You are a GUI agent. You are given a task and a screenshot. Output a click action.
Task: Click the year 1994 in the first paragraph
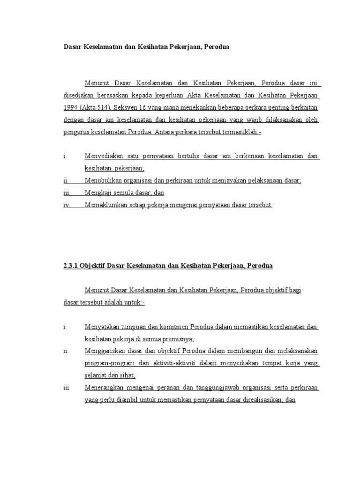(71, 108)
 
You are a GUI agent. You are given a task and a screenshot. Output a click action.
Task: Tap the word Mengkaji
(98, 193)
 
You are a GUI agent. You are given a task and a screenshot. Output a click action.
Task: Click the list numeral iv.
(67, 205)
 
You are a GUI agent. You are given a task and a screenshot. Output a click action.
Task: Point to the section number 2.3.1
(71, 266)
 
